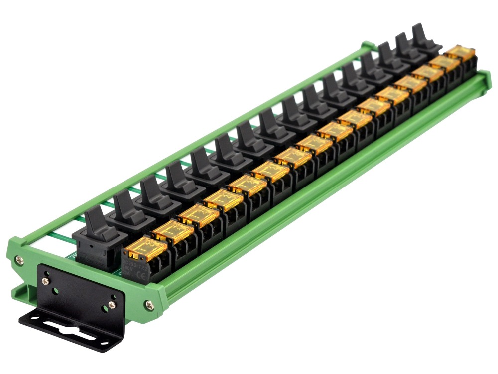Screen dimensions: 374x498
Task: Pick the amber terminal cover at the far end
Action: coord(459,51)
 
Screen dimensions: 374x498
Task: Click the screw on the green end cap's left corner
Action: coord(18,259)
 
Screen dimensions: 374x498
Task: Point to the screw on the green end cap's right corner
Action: coord(148,303)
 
